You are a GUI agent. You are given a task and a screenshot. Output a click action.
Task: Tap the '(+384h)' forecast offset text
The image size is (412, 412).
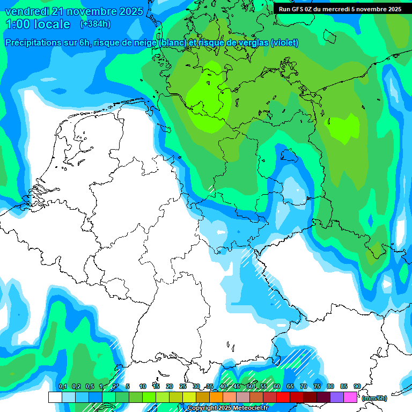[95, 24]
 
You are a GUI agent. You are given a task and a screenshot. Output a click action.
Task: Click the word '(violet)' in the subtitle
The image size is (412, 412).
[284, 43]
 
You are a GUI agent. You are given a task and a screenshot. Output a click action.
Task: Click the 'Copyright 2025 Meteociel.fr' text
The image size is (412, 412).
[227, 408]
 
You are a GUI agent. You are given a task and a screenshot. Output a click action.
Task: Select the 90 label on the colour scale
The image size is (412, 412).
[357, 386]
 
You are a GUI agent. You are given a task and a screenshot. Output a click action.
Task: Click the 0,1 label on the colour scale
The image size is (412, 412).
[62, 386]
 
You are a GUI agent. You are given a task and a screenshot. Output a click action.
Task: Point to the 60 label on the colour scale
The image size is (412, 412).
[277, 386]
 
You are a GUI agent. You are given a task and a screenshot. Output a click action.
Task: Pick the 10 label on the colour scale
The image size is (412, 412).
[143, 386]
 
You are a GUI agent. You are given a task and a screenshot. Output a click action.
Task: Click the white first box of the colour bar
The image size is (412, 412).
[55, 397]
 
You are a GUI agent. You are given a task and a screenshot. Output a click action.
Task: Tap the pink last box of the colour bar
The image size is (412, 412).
[350, 397]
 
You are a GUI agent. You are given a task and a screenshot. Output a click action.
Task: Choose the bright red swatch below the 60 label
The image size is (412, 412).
[283, 397]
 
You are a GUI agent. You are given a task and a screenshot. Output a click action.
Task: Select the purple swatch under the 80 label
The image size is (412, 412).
[337, 397]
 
